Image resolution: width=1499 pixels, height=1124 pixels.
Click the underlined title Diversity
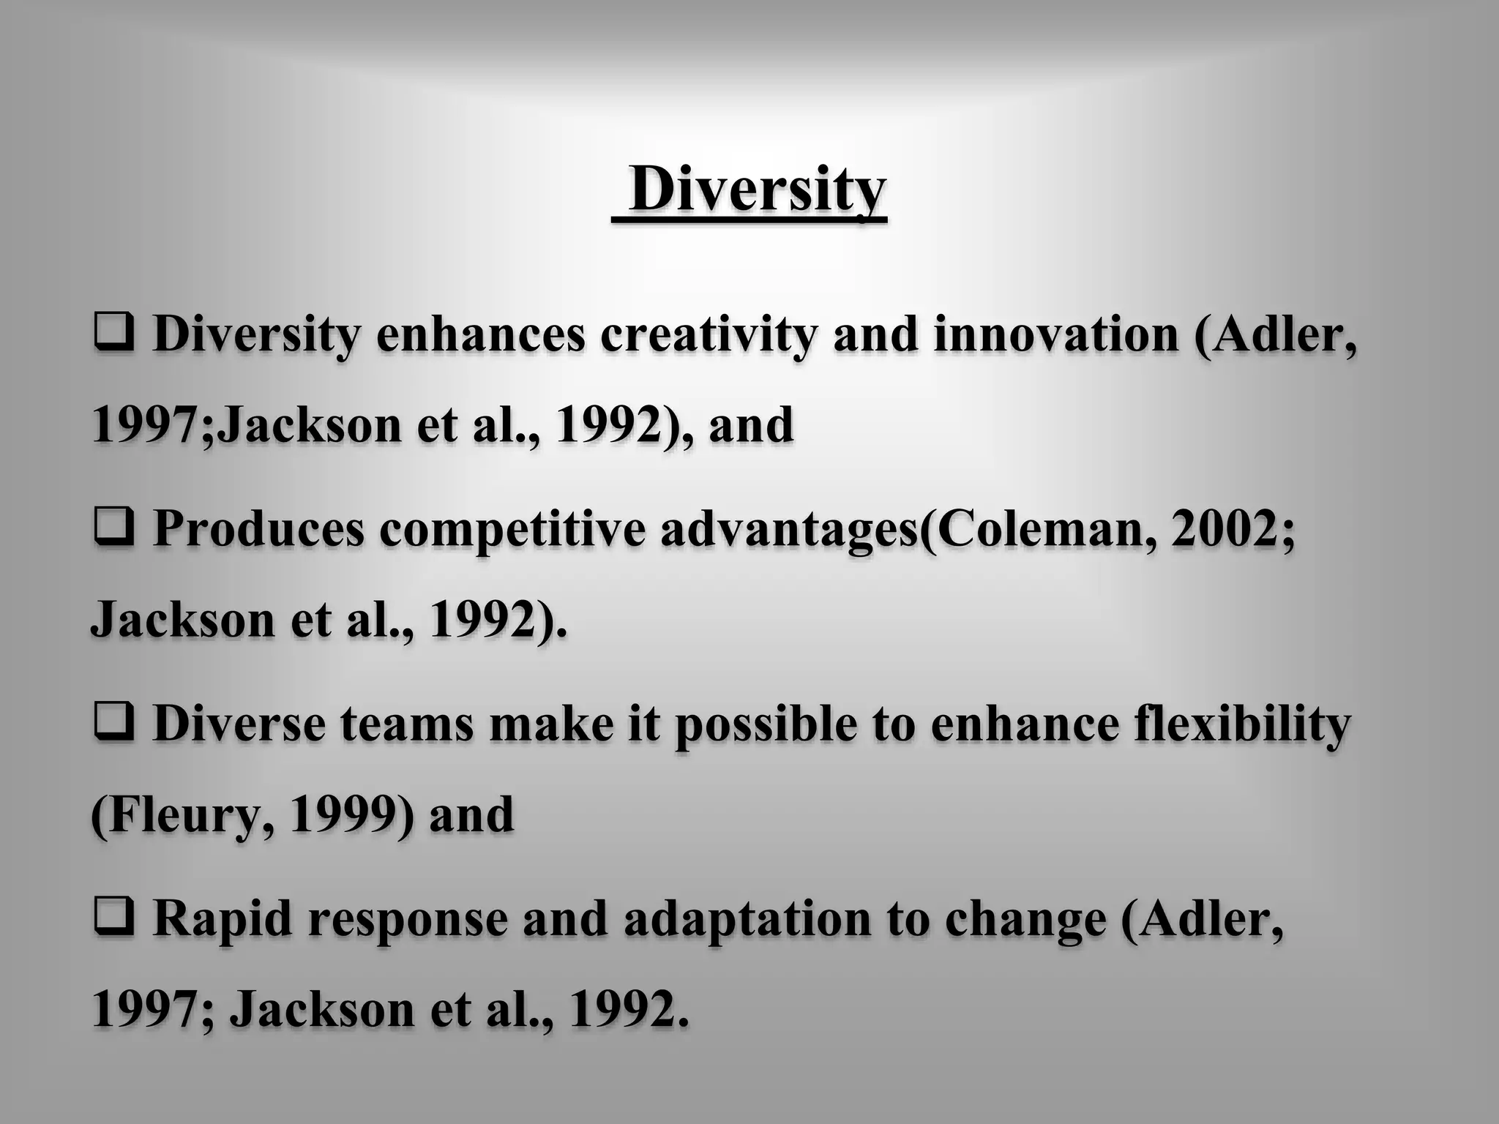(757, 189)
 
